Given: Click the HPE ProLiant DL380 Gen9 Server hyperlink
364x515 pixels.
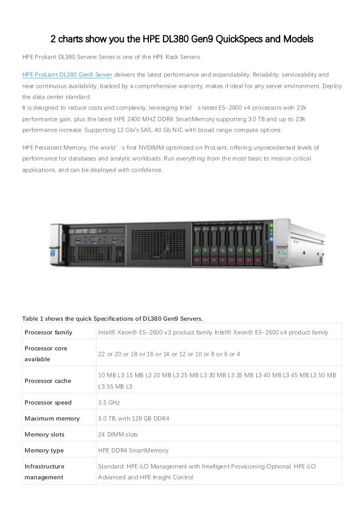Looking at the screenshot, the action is click(67, 75).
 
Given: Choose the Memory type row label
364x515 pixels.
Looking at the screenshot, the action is click(45, 450).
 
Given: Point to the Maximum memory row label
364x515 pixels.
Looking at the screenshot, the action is click(52, 418).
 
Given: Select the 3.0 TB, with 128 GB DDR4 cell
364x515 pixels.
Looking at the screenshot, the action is click(134, 418).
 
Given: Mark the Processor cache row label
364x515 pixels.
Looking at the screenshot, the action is click(48, 381).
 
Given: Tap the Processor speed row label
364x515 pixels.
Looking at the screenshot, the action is click(48, 402).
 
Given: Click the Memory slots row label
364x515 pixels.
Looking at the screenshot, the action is click(45, 434).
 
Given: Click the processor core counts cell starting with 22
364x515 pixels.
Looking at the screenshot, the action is click(169, 354).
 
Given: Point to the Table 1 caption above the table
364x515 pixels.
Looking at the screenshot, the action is click(112, 318).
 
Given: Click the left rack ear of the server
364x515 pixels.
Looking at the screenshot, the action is click(58, 245).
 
